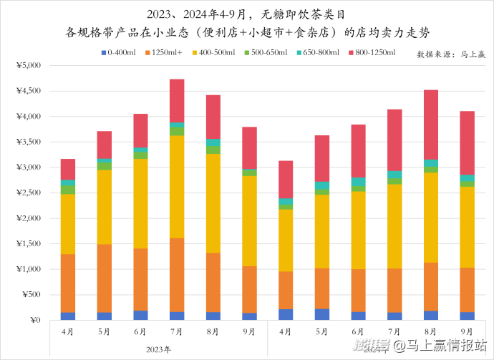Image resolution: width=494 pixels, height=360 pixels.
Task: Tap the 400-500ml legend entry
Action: click(218, 53)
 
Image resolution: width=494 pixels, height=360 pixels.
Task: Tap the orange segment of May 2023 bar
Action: click(105, 278)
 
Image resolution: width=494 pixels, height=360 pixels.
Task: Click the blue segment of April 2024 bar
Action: click(286, 314)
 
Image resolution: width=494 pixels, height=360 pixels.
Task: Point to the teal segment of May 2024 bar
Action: click(321, 185)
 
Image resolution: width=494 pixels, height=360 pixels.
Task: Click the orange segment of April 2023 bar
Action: click(68, 283)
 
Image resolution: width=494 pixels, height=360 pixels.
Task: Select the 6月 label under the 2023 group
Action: click(140, 332)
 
